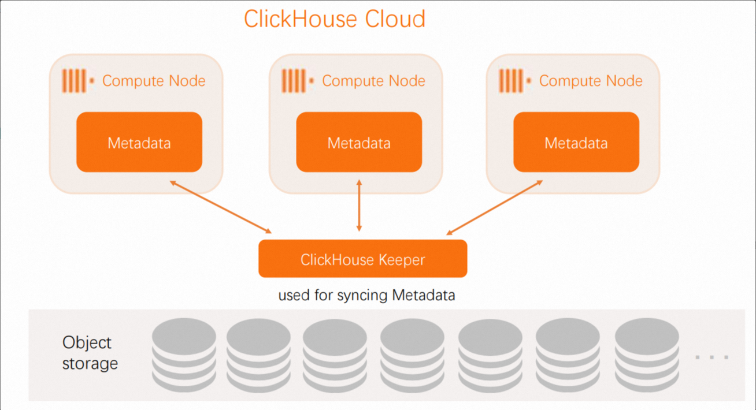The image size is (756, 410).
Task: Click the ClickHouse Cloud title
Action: [x=335, y=19]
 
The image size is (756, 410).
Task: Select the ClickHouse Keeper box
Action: [x=362, y=259]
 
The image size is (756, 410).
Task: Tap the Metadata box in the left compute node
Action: [x=139, y=142]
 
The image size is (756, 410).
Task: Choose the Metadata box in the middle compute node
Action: [x=359, y=142]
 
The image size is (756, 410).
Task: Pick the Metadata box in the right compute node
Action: [x=576, y=142]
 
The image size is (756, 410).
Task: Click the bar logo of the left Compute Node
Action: [x=75, y=81]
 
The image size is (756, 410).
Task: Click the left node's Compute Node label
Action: [x=154, y=81]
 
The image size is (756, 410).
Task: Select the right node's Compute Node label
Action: [x=591, y=81]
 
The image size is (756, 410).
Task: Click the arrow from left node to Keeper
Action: [x=220, y=207]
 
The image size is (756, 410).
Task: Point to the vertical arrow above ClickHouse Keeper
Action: [x=359, y=206]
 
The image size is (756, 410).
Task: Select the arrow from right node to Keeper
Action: [x=495, y=207]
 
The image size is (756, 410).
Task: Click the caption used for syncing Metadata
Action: [x=366, y=296]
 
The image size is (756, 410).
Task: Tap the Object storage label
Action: [x=90, y=353]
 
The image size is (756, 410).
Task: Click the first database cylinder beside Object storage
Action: [x=184, y=354]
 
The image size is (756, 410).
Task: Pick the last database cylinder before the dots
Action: [x=647, y=354]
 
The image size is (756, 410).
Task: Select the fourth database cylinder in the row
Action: [x=412, y=354]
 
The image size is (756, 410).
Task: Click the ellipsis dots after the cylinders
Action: [x=712, y=357]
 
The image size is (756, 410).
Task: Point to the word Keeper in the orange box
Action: [x=402, y=259]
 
